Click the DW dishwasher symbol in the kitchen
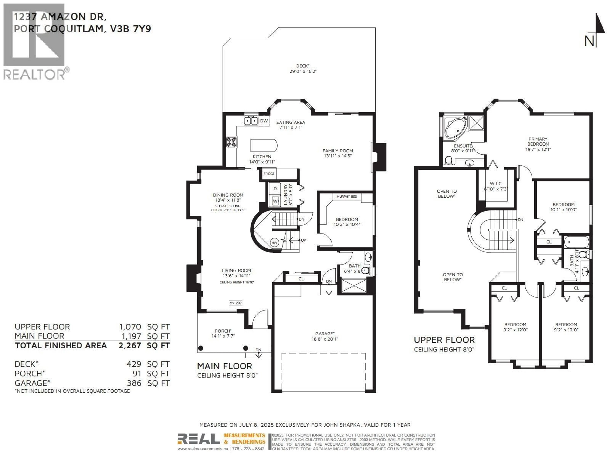264,121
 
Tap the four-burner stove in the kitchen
231,142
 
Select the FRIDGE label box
269,174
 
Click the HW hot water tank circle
274,243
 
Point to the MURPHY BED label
347,197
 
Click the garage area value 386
134,383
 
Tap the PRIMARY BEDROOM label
538,142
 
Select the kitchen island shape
263,146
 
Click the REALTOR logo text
34,74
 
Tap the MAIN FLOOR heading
224,366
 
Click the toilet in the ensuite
449,160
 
